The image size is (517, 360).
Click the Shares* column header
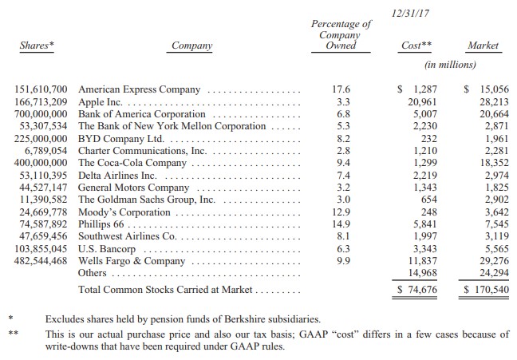click(37, 45)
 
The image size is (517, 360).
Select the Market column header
click(483, 45)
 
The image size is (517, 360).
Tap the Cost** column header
click(416, 45)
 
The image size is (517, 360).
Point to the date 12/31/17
click(411, 14)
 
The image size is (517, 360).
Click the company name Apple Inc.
click(101, 102)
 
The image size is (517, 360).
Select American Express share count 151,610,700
click(41, 89)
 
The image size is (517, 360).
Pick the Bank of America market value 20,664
click(494, 114)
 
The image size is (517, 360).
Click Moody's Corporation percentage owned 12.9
click(341, 212)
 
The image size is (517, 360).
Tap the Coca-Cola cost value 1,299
click(425, 163)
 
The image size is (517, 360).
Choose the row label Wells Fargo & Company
click(132, 261)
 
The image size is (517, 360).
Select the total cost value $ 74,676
click(417, 290)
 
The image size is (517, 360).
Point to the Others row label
click(92, 273)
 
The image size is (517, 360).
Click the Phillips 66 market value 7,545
click(497, 224)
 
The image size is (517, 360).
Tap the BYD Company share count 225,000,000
click(41, 139)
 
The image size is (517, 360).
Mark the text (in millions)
click(451, 65)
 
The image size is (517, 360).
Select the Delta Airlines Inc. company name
click(117, 176)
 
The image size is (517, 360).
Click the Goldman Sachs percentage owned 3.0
click(343, 200)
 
